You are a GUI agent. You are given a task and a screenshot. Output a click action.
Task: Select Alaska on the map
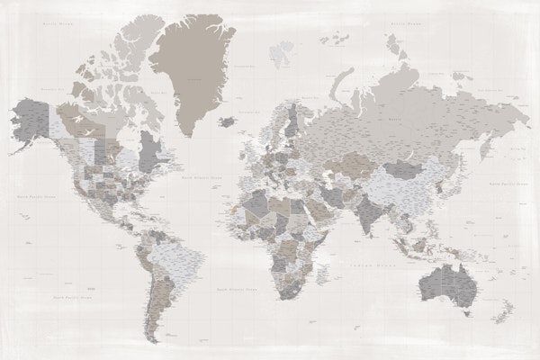pos(31,121)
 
